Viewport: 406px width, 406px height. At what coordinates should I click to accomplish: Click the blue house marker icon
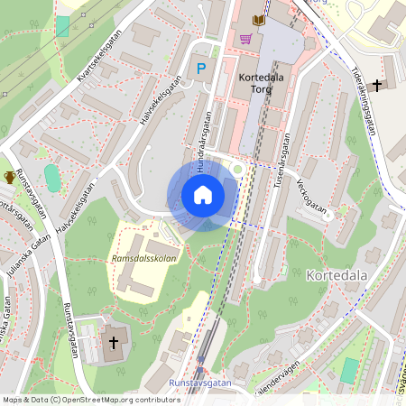click(203, 195)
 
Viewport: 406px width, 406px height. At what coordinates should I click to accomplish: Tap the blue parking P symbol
click(201, 68)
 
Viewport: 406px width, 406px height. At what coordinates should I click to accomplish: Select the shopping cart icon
click(245, 39)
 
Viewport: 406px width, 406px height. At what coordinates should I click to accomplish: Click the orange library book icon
click(260, 19)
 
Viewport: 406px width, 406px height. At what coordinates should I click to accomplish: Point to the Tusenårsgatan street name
click(280, 161)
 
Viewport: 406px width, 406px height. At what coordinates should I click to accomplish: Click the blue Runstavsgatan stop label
click(199, 383)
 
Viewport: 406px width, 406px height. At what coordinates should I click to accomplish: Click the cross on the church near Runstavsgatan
click(114, 342)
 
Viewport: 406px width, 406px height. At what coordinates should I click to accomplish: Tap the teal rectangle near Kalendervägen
click(349, 370)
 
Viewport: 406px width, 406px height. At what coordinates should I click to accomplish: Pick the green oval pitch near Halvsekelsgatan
click(53, 178)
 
